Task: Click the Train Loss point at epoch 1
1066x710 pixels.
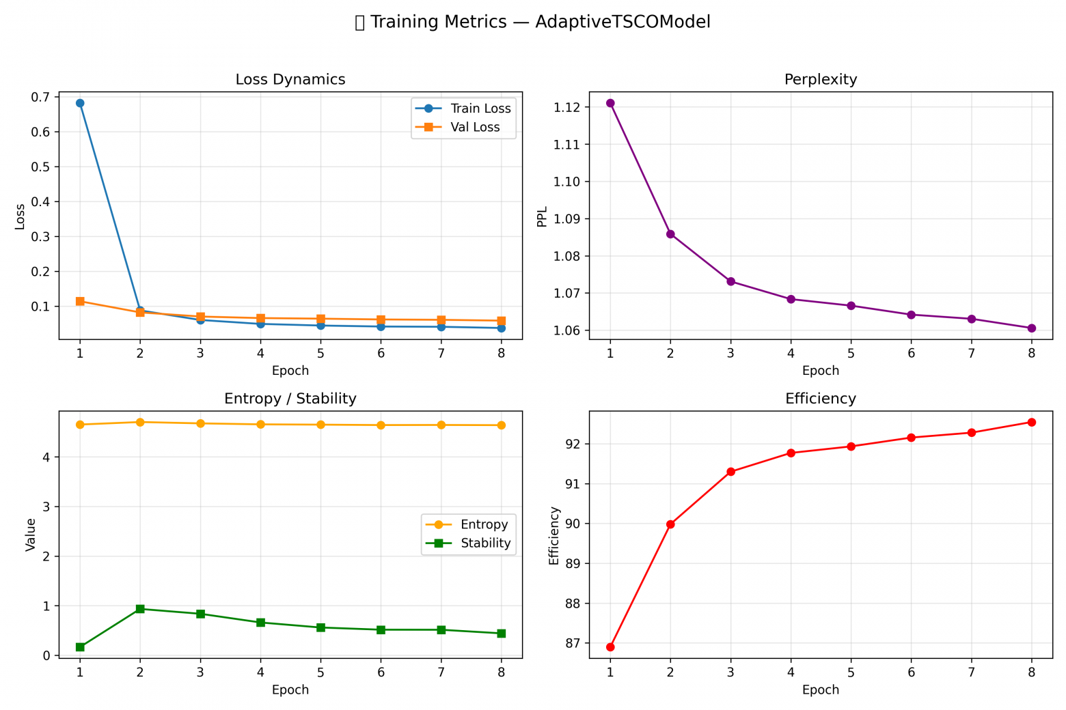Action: point(80,103)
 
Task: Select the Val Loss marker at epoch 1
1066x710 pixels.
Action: point(80,301)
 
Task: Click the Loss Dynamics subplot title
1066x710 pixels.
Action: point(290,79)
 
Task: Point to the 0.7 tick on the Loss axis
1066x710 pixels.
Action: point(41,97)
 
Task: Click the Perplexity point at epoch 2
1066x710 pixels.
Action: point(670,234)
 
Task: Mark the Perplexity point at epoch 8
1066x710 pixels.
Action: point(1031,328)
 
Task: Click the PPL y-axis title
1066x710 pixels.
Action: point(542,216)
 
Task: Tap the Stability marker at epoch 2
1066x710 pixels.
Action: point(140,609)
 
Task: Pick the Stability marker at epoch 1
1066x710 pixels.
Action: point(80,647)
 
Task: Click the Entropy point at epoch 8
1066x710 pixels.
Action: point(501,425)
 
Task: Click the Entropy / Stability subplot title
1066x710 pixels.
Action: point(290,398)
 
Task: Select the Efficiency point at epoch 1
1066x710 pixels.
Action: point(610,647)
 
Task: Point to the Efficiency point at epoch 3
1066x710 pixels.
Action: point(730,472)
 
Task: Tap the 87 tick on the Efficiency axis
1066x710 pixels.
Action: point(572,643)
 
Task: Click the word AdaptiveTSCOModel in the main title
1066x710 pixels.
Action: point(623,22)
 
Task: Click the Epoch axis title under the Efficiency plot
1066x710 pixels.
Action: point(821,690)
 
